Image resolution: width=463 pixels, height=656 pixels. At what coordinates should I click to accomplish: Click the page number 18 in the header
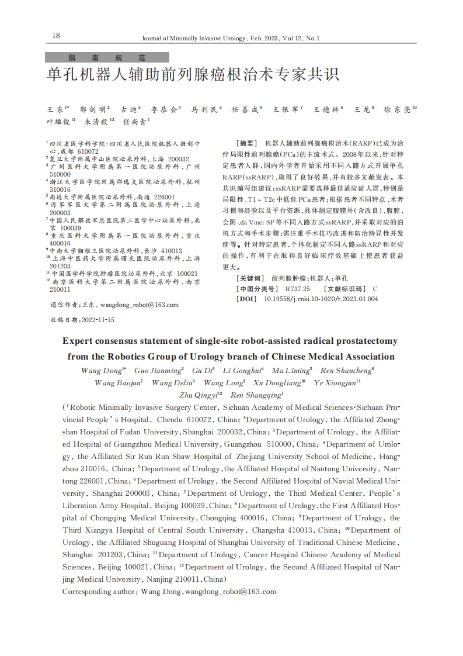pos(56,36)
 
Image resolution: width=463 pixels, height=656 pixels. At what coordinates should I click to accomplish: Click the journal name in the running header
pos(195,39)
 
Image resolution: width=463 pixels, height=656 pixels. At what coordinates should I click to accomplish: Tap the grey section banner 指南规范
pos(107,58)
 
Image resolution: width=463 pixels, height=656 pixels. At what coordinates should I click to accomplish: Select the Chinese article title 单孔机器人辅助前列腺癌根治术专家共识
pos(193,77)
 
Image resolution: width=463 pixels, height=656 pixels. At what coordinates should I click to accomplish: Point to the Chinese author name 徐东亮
pos(397,109)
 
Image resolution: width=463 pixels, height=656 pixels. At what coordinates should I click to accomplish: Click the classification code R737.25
pos(297,289)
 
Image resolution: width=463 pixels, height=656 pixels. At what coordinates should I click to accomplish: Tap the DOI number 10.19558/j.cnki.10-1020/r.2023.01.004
pos(321,299)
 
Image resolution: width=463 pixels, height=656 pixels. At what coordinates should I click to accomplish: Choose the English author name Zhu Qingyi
pos(198,395)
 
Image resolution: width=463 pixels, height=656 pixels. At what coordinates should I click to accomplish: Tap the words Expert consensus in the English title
pos(97,341)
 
